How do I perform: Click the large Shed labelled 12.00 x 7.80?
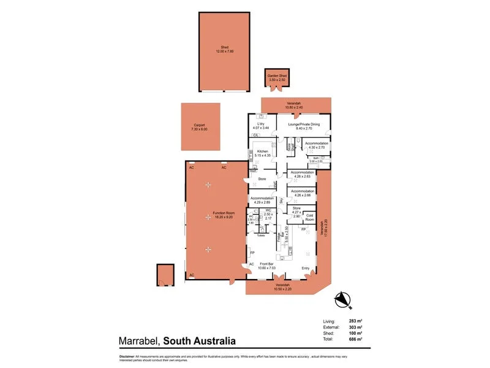click(224, 50)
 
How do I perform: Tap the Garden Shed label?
click(276, 77)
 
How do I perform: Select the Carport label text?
click(201, 127)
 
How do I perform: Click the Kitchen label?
click(262, 151)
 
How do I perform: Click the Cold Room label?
click(310, 218)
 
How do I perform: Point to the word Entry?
click(306, 268)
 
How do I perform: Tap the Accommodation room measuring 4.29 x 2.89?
click(262, 199)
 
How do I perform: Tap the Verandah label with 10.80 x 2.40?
click(293, 105)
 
